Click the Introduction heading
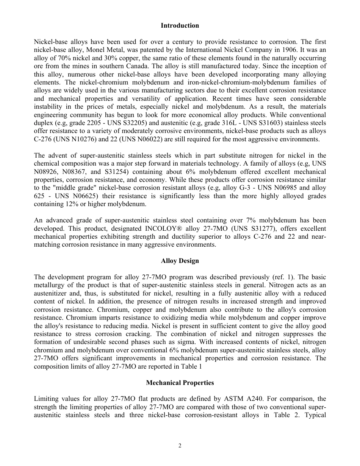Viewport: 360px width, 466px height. (180, 26)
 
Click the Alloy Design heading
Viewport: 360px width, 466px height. (180, 261)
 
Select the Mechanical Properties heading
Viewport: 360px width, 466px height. (180, 383)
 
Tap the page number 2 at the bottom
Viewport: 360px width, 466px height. (180, 446)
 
